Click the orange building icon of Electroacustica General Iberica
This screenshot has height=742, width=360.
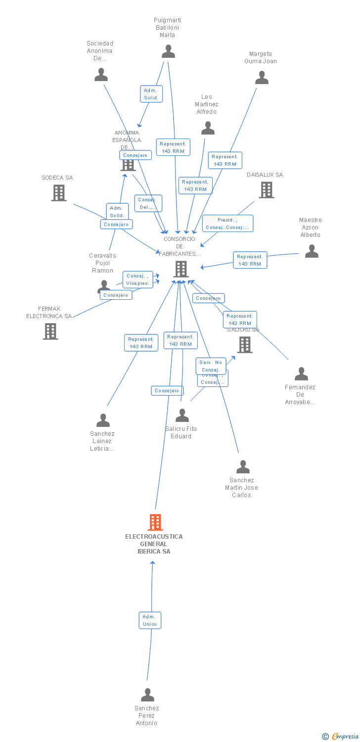tap(155, 522)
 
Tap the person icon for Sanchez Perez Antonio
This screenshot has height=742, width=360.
tap(147, 695)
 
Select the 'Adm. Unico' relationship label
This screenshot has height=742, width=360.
tap(150, 620)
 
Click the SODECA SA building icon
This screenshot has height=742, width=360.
tap(59, 193)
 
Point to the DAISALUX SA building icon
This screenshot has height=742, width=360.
tap(266, 189)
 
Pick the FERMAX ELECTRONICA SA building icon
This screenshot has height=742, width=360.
tap(50, 331)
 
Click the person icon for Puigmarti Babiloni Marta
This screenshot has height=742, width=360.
tap(169, 51)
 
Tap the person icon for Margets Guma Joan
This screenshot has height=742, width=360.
tap(262, 78)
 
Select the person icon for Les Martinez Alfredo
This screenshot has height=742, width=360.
tap(208, 128)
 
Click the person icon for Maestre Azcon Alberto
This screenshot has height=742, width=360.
tap(312, 251)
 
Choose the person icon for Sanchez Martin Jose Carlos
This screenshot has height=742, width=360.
tap(243, 467)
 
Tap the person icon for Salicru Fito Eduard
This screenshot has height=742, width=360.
tap(182, 416)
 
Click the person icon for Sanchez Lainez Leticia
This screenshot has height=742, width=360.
tap(103, 420)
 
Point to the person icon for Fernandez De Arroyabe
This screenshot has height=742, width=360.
tap(301, 374)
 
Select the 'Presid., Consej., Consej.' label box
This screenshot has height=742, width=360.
tap(227, 224)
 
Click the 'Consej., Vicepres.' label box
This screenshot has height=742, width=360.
tap(137, 279)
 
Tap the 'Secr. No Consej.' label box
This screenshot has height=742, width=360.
tap(211, 366)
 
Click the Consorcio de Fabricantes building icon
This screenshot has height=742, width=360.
tap(181, 269)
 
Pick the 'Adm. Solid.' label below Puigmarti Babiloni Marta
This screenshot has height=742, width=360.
tap(151, 94)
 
